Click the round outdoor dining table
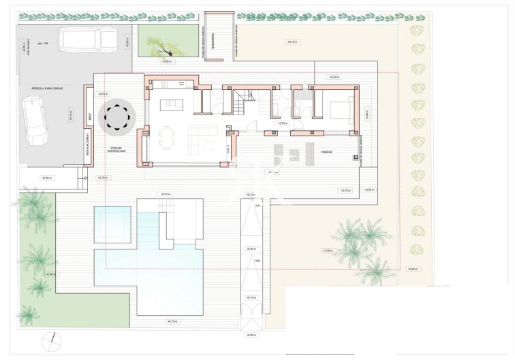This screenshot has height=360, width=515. pos(121,117)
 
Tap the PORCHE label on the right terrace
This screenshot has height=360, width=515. pos(327,152)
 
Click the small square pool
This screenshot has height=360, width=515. pos(112,224)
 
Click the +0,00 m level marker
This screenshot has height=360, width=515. pos(251,335)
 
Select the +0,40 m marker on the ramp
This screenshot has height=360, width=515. pos(252,250)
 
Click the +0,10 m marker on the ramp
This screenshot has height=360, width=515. pos(251,297)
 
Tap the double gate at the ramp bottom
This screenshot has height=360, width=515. pos(252,321)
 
